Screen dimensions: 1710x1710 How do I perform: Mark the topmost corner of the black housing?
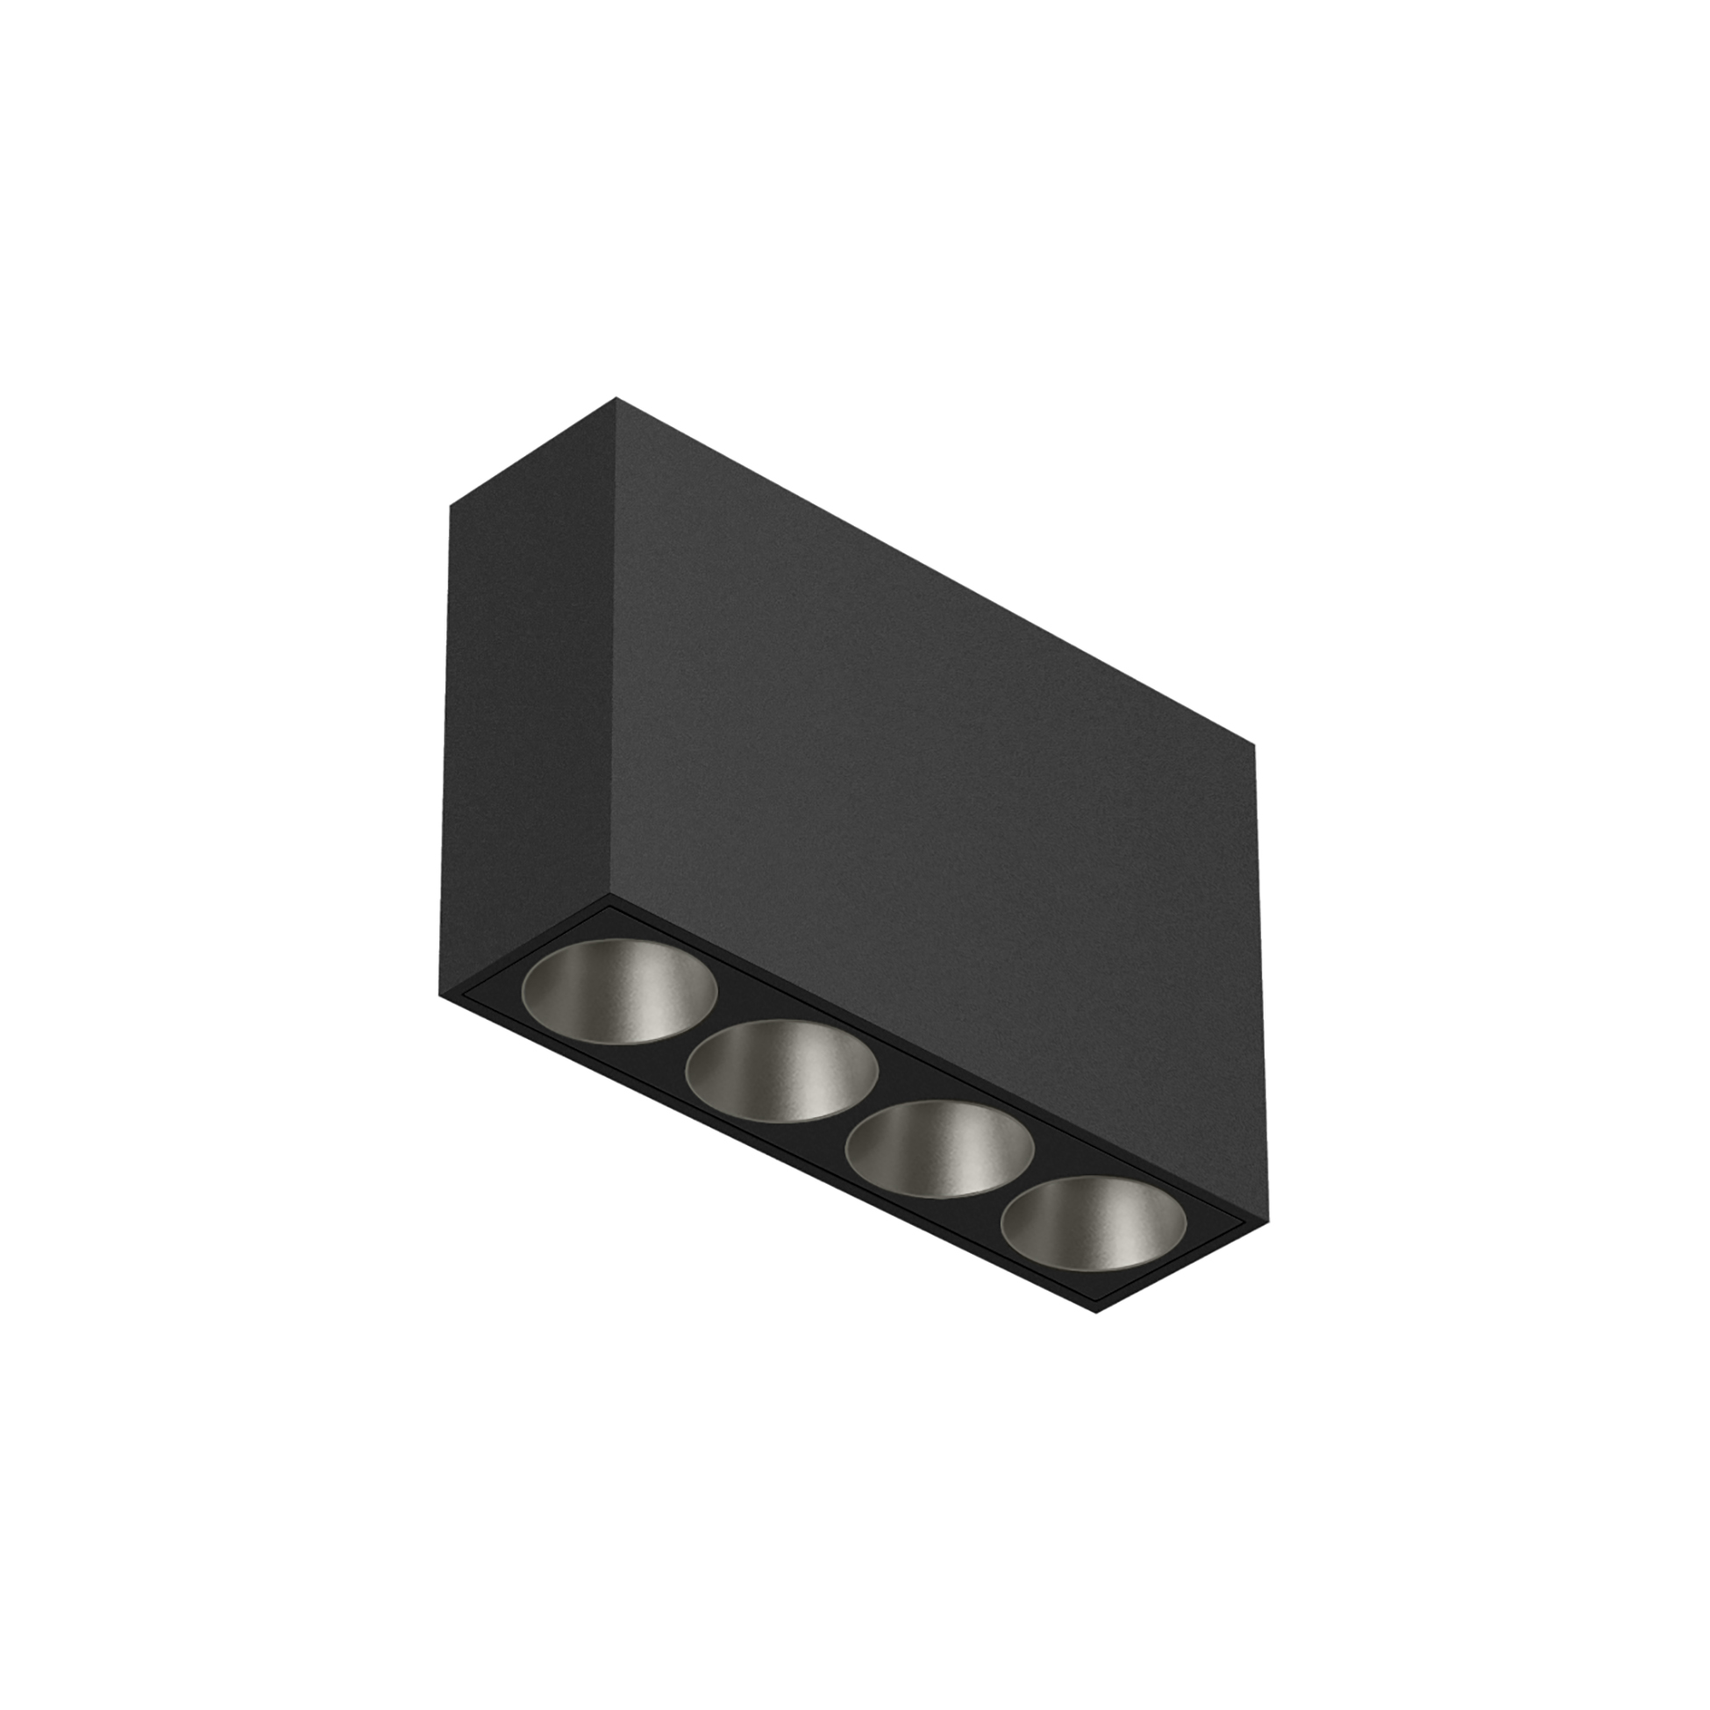(x=616, y=398)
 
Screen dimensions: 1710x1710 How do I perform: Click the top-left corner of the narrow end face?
(x=450, y=505)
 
